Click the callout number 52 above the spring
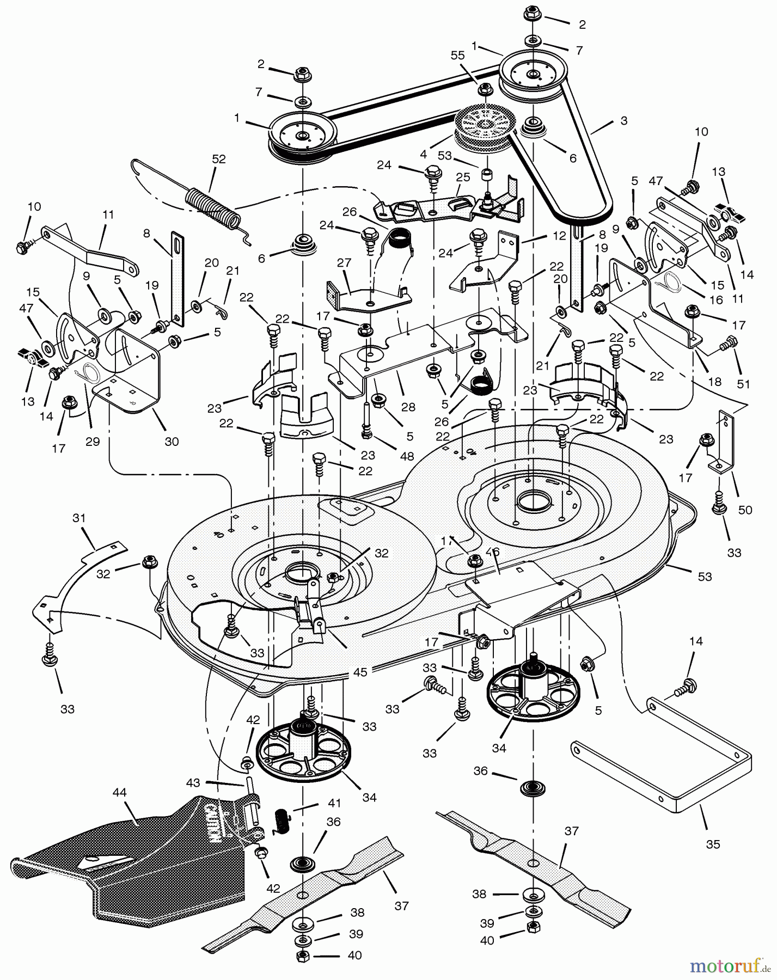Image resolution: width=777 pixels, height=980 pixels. tap(218, 159)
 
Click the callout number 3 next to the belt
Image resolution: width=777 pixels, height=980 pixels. tap(623, 121)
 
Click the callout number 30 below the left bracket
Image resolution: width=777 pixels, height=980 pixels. tap(172, 442)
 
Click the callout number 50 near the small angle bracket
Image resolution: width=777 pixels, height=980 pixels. tap(745, 510)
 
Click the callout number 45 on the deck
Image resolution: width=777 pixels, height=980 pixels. tap(360, 672)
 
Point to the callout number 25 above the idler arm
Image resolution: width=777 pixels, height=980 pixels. tap(463, 177)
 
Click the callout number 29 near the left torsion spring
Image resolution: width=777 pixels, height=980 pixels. tap(93, 442)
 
